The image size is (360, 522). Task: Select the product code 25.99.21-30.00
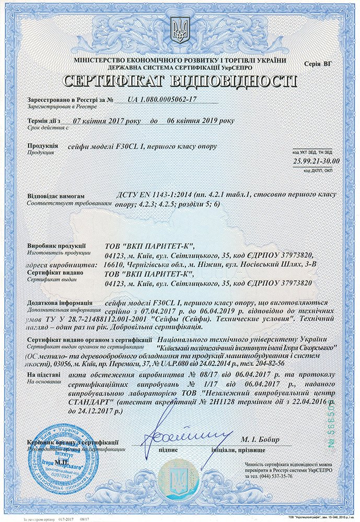point(316,161)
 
